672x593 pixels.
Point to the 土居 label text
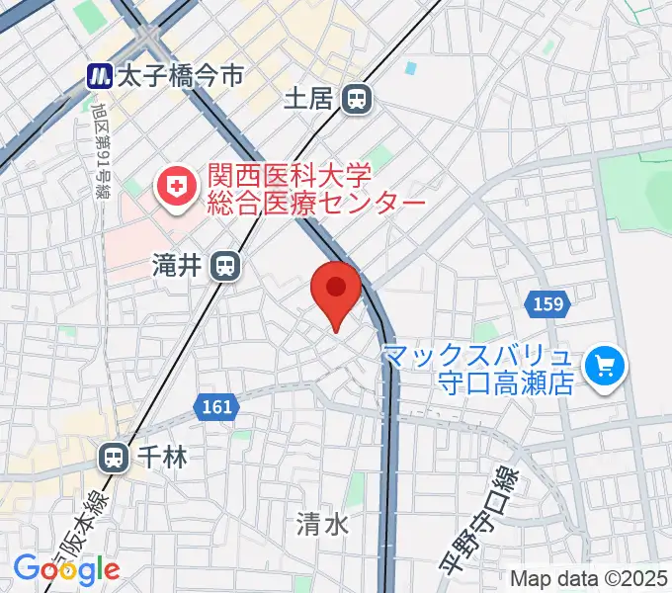(307, 98)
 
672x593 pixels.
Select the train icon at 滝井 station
(226, 265)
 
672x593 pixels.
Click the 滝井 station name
(177, 265)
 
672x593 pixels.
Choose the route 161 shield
(213, 406)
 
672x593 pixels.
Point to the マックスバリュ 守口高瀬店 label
(478, 369)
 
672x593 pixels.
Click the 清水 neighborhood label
(322, 523)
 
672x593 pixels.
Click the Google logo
(66, 568)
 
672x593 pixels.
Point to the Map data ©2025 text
(589, 578)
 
